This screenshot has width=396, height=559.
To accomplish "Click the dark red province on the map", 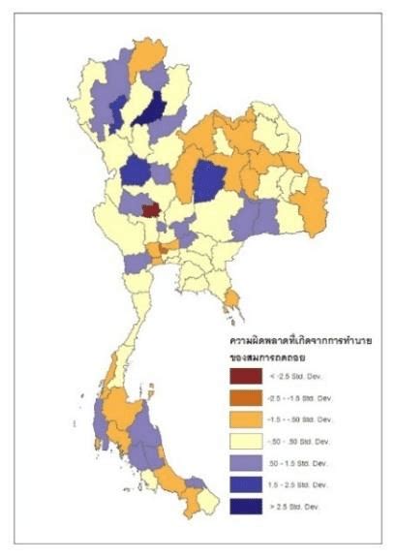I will tap(150, 209).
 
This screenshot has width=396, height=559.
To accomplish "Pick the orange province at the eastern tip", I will tap(311, 206).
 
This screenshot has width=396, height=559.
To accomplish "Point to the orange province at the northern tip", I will tap(147, 58).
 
